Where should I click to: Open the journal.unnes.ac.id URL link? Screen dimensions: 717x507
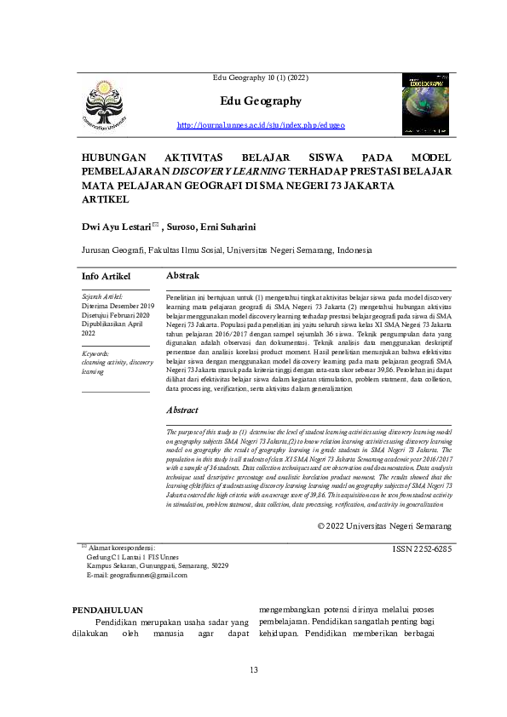pos(261,125)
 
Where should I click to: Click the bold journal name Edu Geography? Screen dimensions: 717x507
pos(261,101)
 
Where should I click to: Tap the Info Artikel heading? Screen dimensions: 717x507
pos(106,277)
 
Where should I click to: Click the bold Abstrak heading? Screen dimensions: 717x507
pos(183,276)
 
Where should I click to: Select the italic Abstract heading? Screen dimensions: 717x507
pos(182,410)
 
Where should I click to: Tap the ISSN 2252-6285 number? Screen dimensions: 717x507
pos(422,550)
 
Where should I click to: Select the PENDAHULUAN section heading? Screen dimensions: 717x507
pos(107,610)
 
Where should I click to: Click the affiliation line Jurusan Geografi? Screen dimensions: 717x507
pos(227,251)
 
